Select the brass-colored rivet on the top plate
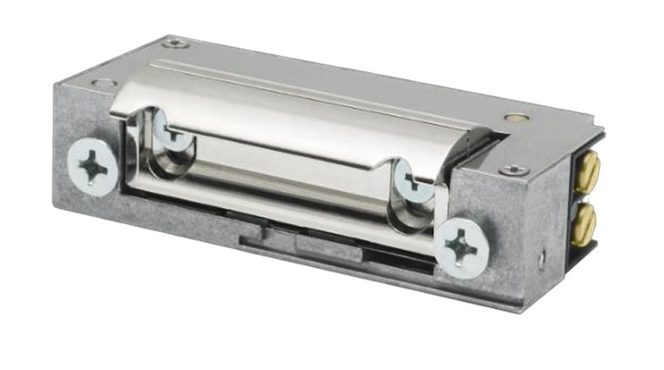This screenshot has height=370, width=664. pos(516,119)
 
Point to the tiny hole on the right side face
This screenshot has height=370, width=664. pos(541,258)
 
